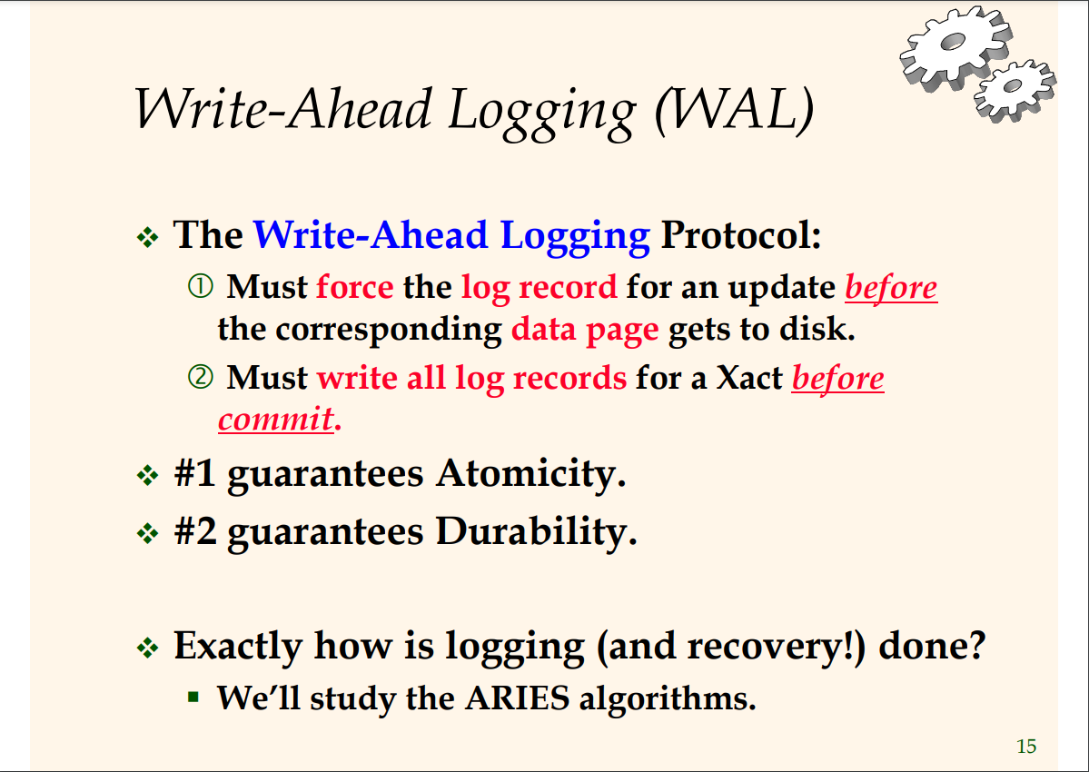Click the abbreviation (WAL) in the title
[x=734, y=110]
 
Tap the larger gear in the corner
[x=955, y=47]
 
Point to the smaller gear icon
[x=1015, y=89]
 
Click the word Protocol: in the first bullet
[x=741, y=236]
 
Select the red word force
[x=355, y=287]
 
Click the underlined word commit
[x=276, y=420]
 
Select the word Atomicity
[x=531, y=474]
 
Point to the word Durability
[x=536, y=532]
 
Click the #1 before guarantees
[x=194, y=473]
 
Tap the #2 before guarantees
[x=195, y=531]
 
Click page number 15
[x=1025, y=747]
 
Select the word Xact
[x=749, y=379]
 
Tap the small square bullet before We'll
[x=193, y=696]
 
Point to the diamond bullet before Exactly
[x=148, y=648]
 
